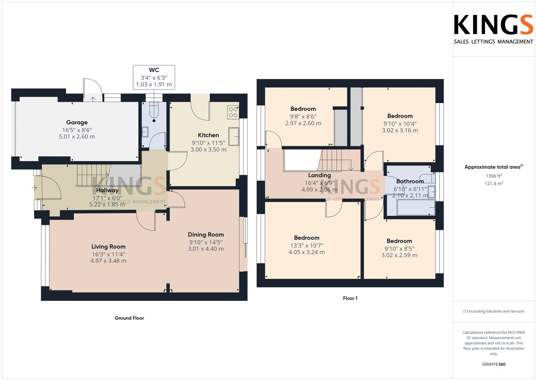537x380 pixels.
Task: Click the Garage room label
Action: [x=77, y=122]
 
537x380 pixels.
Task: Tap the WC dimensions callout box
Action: [x=154, y=77]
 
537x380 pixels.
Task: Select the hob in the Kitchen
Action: [x=233, y=112]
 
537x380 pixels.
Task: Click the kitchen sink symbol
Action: [x=234, y=136]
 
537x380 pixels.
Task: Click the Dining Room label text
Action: [x=206, y=235]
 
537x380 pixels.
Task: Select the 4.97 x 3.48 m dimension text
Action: [x=108, y=261]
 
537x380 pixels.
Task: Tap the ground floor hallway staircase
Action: [x=93, y=175]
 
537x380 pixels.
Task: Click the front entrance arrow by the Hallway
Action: [x=34, y=188]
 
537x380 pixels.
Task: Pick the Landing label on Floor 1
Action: [x=319, y=175]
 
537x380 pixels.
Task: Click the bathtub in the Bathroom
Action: [x=416, y=208]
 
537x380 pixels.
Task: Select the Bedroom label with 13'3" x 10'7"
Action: [x=307, y=238]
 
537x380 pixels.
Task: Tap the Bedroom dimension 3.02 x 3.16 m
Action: [x=400, y=131]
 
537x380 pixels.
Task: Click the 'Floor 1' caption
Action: [x=350, y=298]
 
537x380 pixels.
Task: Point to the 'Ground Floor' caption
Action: [x=129, y=318]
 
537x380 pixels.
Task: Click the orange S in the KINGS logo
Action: [x=527, y=25]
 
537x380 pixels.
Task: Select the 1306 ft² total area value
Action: [x=494, y=176]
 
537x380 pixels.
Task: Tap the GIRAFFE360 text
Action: [x=494, y=364]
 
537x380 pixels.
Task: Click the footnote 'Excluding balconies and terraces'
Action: [x=494, y=312]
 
